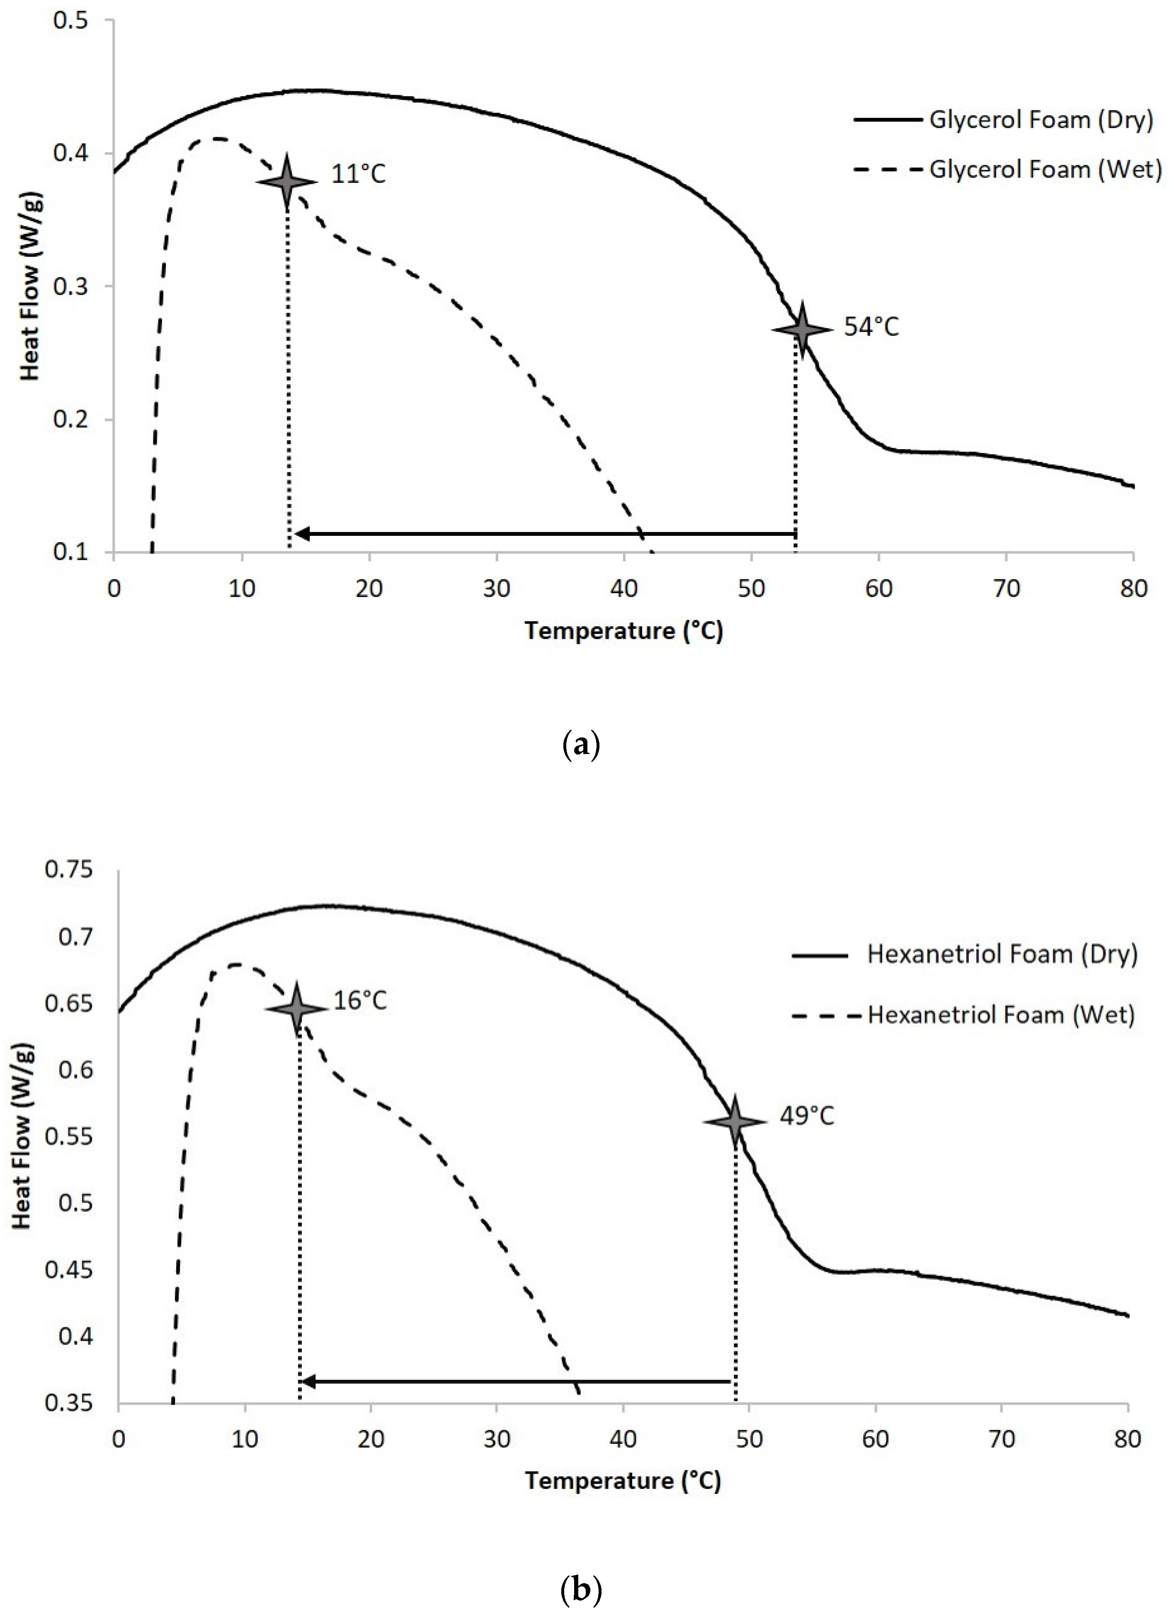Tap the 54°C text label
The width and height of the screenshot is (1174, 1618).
coord(871,327)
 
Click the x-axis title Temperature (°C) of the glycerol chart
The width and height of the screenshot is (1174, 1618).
coord(624,630)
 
